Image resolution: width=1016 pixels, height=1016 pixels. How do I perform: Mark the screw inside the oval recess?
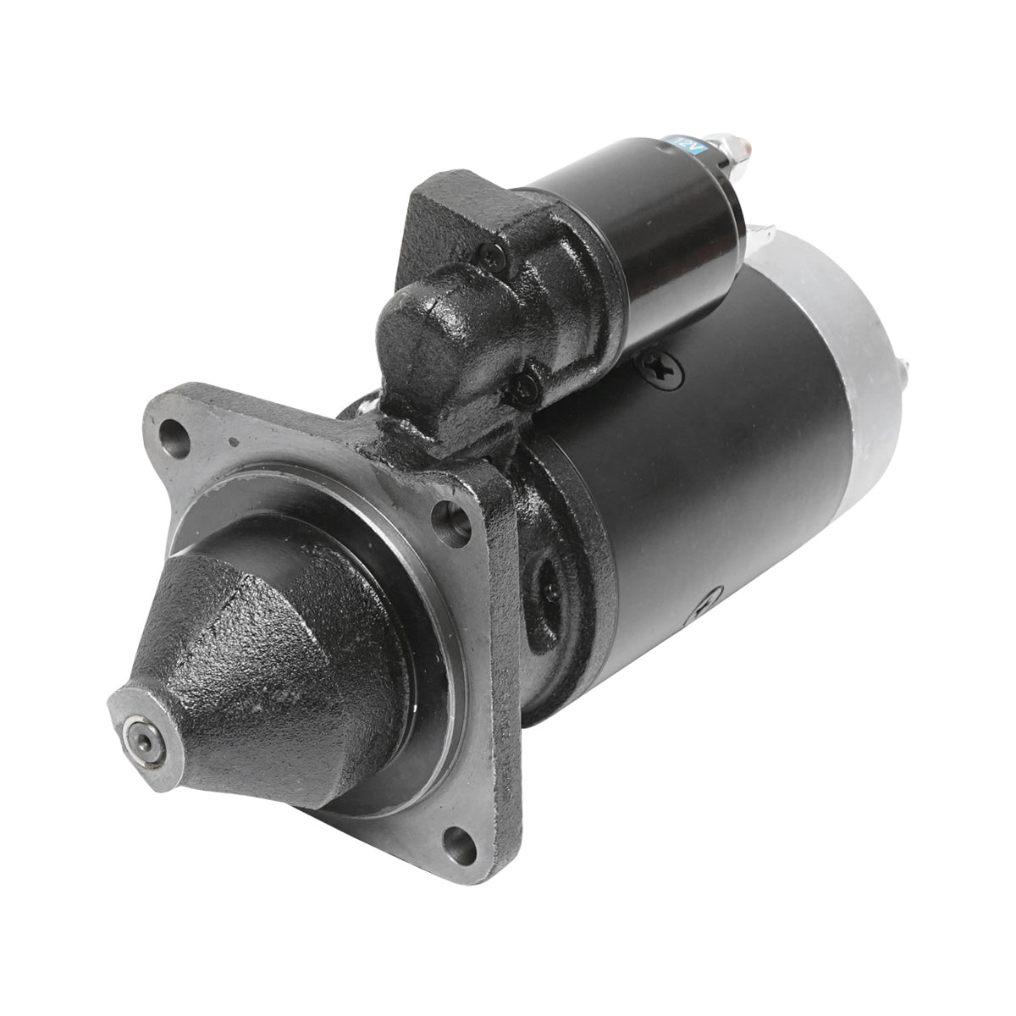click(550, 590)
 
